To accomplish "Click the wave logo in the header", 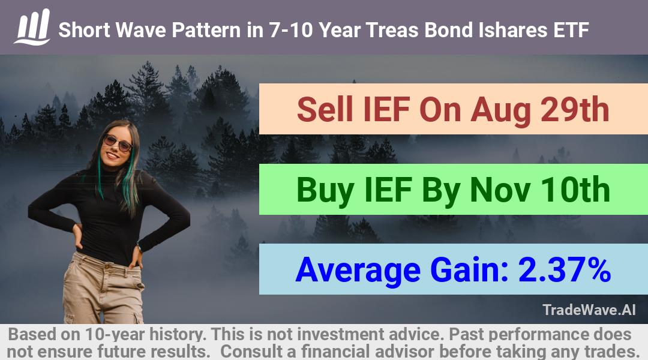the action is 32,27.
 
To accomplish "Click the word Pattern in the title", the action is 206,30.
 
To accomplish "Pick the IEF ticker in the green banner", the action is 388,190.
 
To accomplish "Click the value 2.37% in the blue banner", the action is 565,270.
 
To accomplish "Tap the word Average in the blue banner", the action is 358,270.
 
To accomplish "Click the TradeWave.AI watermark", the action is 589,310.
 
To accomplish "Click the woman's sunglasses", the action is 118,143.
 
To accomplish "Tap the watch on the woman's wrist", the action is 139,248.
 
